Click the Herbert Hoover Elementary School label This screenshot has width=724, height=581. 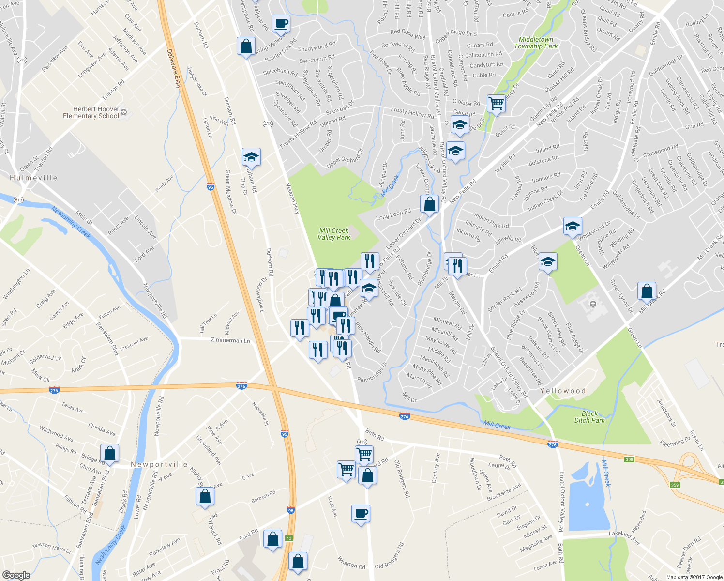[91, 112]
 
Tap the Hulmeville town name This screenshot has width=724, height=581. [33, 178]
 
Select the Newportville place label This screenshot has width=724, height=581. [159, 464]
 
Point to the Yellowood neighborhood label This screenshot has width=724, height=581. [563, 391]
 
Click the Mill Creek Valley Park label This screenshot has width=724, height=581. [334, 234]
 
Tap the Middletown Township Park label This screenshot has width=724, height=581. [536, 43]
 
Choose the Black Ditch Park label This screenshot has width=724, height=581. [589, 417]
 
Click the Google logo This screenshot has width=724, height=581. [16, 575]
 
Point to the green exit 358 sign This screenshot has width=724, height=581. [629, 459]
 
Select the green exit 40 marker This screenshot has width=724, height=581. [289, 538]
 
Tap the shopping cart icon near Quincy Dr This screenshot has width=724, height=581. [496, 103]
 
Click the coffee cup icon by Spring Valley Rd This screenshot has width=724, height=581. [281, 23]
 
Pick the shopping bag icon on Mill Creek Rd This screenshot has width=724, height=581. [647, 291]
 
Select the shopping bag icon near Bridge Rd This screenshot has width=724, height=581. [110, 453]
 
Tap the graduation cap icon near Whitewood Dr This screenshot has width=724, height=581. [573, 226]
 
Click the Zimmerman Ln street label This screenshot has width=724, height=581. [230, 340]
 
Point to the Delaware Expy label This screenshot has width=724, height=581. [174, 68]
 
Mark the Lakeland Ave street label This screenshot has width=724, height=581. [624, 537]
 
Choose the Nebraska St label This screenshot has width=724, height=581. [260, 413]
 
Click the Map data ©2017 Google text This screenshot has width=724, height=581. [694, 577]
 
